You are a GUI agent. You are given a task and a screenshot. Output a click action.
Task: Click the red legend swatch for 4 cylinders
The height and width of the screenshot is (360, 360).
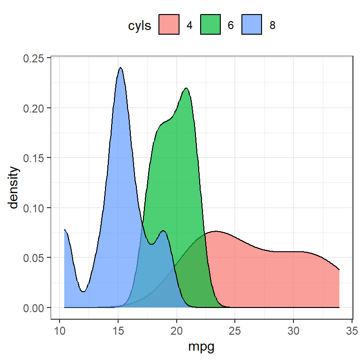[x=169, y=25]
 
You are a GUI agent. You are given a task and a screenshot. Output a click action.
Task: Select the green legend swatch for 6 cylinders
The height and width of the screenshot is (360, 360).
[x=210, y=25]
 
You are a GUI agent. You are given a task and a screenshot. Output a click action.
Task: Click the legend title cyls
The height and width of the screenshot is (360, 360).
[x=140, y=26]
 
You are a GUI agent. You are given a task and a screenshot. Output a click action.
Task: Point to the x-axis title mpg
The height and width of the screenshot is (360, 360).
[x=202, y=347]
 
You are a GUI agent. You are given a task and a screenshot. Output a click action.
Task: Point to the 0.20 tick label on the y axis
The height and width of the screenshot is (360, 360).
[x=35, y=108]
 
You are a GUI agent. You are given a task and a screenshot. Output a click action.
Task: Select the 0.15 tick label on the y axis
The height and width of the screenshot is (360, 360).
[x=35, y=158]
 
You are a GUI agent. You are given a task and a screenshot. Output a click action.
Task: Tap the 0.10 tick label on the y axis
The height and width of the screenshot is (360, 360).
[x=35, y=208]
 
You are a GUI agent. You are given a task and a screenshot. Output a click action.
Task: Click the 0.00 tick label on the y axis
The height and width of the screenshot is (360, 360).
[x=35, y=307]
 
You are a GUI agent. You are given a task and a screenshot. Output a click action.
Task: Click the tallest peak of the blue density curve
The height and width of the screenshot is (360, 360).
[x=120, y=68]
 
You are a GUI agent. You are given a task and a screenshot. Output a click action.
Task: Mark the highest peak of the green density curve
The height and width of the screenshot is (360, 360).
[x=186, y=88]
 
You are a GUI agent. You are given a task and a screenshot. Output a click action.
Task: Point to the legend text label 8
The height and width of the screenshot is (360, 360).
[x=272, y=25]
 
